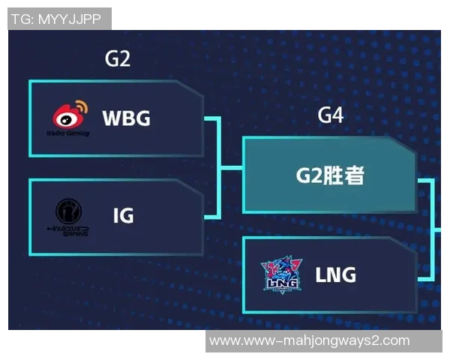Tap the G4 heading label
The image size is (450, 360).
point(331,115)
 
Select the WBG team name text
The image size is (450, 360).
point(126,118)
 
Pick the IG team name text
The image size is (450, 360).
point(123,216)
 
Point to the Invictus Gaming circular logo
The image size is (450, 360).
point(69,210)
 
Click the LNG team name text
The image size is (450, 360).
point(335,274)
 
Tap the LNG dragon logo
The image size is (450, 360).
point(281,271)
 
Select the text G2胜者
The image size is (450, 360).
point(329,177)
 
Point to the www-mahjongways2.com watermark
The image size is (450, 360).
point(309,341)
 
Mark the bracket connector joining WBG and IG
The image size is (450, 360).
point(217,166)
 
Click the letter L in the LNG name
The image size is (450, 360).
point(321,274)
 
